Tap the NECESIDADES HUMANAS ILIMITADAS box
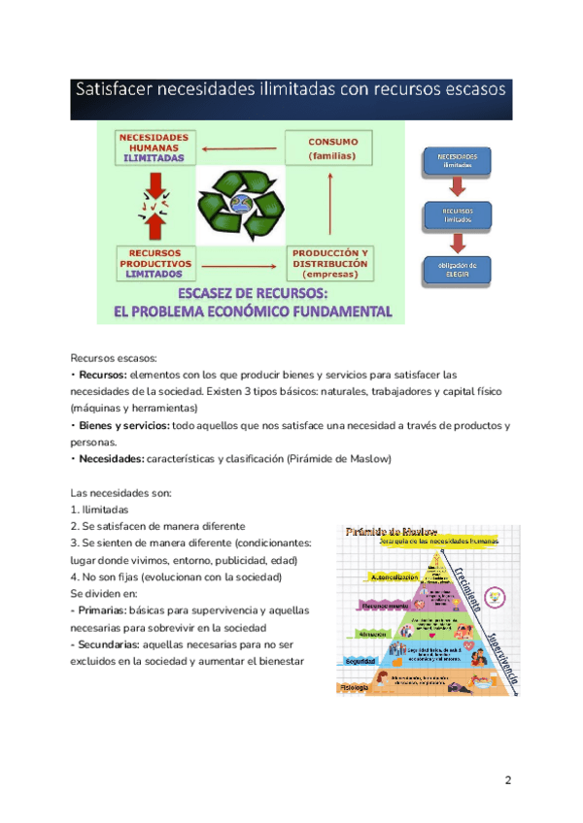click(x=154, y=147)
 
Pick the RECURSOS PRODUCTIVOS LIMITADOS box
click(x=155, y=262)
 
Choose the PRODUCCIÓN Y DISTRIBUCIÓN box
click(x=330, y=263)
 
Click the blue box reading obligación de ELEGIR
click(x=456, y=269)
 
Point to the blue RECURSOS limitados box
click(x=456, y=215)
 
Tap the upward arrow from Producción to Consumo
click(x=331, y=205)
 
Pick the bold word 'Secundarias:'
click(x=109, y=644)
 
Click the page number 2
click(x=508, y=781)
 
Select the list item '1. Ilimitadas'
click(x=99, y=510)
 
